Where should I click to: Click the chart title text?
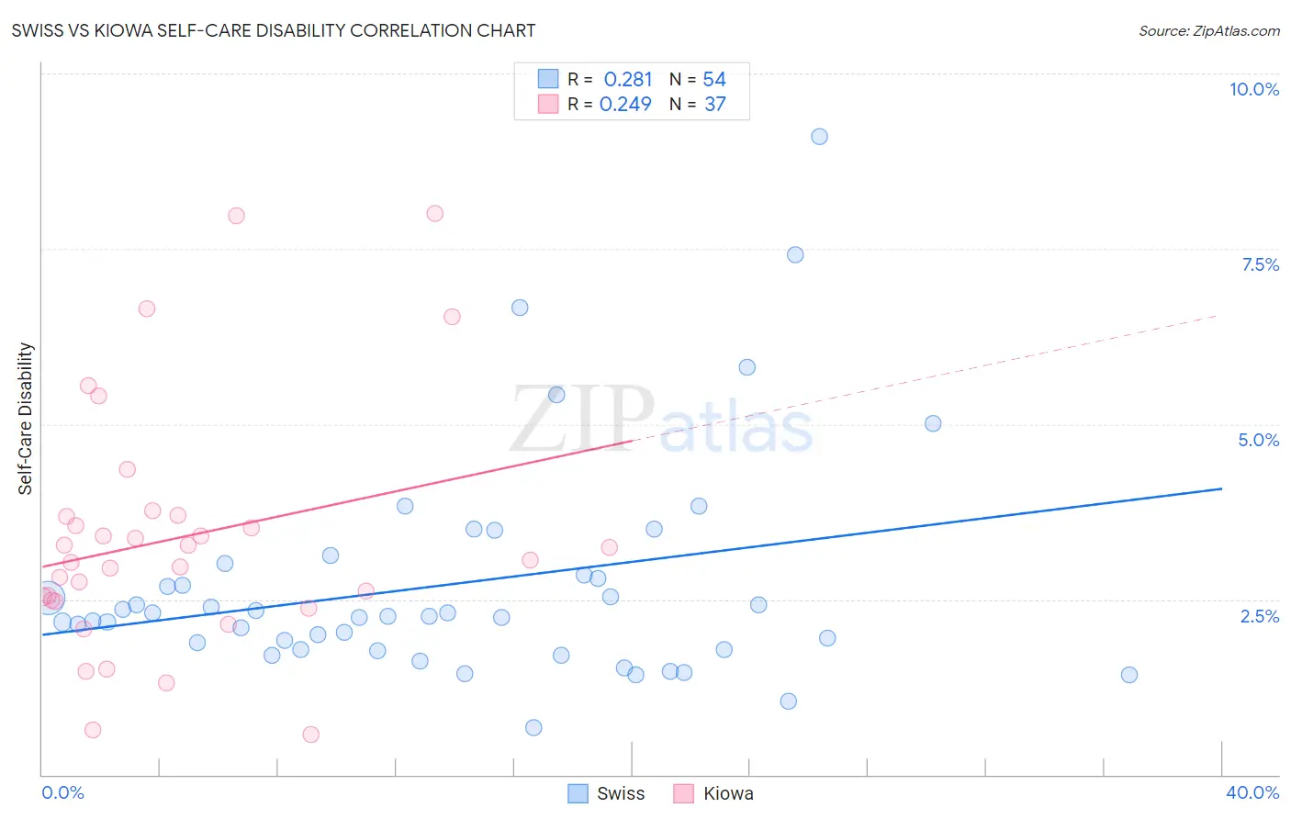click(x=274, y=30)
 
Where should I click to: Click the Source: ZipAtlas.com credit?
click(x=1208, y=31)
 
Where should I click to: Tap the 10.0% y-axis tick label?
click(x=1253, y=89)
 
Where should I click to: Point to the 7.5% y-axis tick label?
click(x=1260, y=264)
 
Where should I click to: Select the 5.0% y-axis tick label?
click(x=1258, y=440)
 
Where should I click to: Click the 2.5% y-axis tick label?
click(x=1259, y=616)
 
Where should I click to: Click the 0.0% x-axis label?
click(x=62, y=792)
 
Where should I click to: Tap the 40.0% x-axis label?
click(x=1252, y=792)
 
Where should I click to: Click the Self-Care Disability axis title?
click(x=26, y=419)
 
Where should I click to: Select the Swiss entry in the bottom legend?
click(x=620, y=793)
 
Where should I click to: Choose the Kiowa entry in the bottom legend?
click(x=727, y=793)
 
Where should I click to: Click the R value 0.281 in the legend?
click(x=628, y=80)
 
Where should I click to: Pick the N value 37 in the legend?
click(x=714, y=105)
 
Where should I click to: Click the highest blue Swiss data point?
click(x=819, y=137)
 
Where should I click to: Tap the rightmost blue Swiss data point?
click(x=1129, y=675)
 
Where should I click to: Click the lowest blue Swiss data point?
click(x=533, y=728)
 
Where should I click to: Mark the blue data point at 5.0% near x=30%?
click(x=933, y=423)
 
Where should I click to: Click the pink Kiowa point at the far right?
click(x=609, y=547)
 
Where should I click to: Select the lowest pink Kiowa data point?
click(x=310, y=735)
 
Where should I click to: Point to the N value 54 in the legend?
click(x=713, y=80)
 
